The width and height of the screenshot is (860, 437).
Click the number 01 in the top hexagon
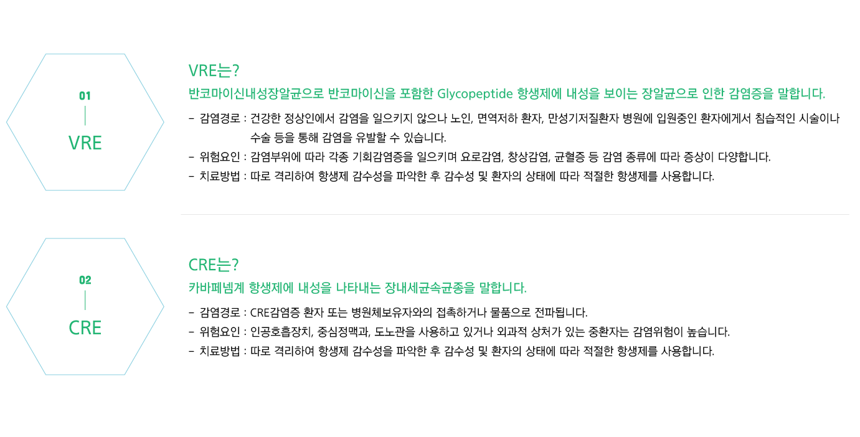tap(85, 96)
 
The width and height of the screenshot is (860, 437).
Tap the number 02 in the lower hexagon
tap(85, 280)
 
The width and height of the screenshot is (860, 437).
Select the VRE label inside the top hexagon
tap(85, 143)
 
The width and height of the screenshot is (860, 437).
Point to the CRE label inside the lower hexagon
tap(85, 327)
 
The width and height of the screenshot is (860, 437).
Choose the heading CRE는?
tap(214, 265)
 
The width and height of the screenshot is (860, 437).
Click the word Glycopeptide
tap(475, 94)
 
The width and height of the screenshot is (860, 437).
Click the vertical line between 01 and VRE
tap(85, 116)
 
